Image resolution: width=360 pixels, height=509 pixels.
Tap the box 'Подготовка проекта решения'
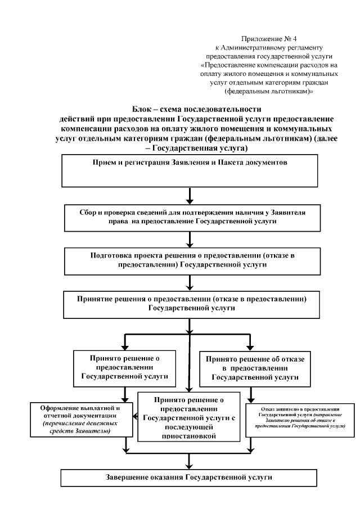point(190,259)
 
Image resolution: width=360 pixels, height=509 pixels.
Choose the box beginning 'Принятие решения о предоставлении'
point(190,301)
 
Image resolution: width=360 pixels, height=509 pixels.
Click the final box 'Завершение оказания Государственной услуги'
point(190,477)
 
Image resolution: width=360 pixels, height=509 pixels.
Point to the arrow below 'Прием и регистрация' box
point(190,195)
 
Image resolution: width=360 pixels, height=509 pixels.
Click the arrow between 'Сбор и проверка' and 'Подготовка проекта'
point(190,238)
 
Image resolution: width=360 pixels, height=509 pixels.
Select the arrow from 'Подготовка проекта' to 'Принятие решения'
point(190,281)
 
